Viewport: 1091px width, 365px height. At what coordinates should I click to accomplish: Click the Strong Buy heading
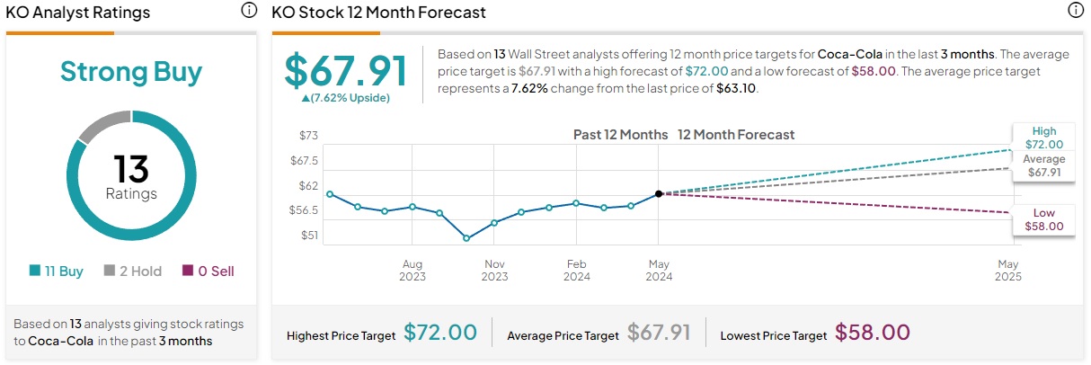point(131,72)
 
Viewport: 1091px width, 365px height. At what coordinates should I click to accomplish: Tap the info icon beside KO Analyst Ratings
point(249,12)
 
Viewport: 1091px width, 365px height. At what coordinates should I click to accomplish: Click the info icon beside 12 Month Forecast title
point(1075,12)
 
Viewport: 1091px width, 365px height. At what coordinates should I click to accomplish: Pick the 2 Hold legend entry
point(133,271)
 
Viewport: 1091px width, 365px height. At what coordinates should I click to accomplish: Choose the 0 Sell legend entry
point(208,271)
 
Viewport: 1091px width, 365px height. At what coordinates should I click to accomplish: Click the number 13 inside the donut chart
point(131,169)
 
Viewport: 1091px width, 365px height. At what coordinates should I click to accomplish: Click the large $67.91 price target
point(346,71)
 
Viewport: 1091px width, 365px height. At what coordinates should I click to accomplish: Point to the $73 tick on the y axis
point(308,136)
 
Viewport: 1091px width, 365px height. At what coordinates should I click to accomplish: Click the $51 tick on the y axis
point(308,236)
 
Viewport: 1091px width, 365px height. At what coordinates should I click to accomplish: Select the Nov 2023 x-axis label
point(494,271)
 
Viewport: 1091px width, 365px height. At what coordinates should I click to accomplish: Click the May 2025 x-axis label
point(1007,271)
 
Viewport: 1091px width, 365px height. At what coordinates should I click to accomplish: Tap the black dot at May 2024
point(659,193)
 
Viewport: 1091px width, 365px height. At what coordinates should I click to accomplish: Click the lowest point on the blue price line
point(466,238)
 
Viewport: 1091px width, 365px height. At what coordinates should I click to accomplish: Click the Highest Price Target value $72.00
point(439,333)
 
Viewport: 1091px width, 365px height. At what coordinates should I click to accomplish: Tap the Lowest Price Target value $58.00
point(872,333)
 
